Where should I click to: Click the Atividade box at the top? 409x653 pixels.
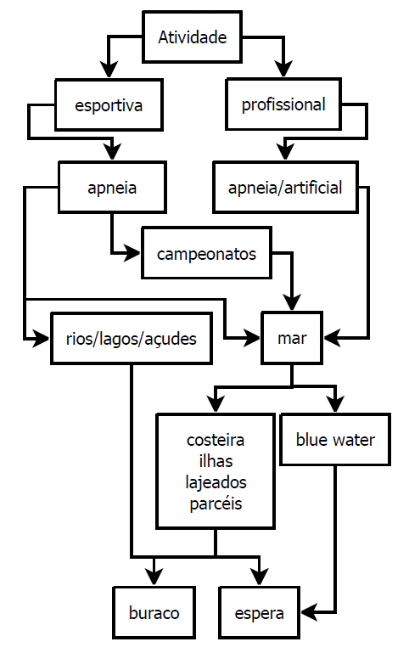192,37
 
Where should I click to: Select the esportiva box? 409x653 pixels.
109,105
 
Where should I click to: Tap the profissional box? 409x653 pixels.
283,104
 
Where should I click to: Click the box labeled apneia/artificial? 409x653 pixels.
285,188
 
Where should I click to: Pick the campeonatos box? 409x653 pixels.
206,253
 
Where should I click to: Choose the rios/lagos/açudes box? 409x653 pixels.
131,339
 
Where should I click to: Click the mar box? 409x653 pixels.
292,338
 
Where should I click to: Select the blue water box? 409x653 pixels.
335,439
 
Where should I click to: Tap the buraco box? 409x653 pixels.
154,612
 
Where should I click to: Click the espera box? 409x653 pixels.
259,612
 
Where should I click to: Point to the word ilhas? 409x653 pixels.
216,461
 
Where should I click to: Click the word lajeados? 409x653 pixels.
216,482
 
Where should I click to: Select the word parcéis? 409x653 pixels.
216,504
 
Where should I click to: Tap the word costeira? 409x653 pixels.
216,440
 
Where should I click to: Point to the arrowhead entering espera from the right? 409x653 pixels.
309,612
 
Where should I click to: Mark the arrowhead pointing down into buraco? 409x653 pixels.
154,577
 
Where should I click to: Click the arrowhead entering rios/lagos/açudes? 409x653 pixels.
42,339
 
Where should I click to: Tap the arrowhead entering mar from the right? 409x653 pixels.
332,338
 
